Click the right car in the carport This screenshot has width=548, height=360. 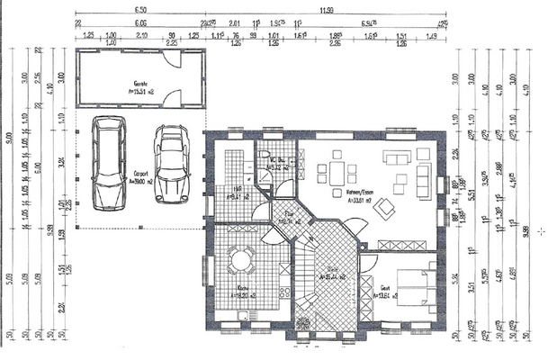[x=170, y=163]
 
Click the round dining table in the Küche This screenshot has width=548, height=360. [x=239, y=261]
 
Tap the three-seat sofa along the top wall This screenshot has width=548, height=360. [x=397, y=157]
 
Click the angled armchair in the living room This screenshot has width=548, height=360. [x=385, y=209]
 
